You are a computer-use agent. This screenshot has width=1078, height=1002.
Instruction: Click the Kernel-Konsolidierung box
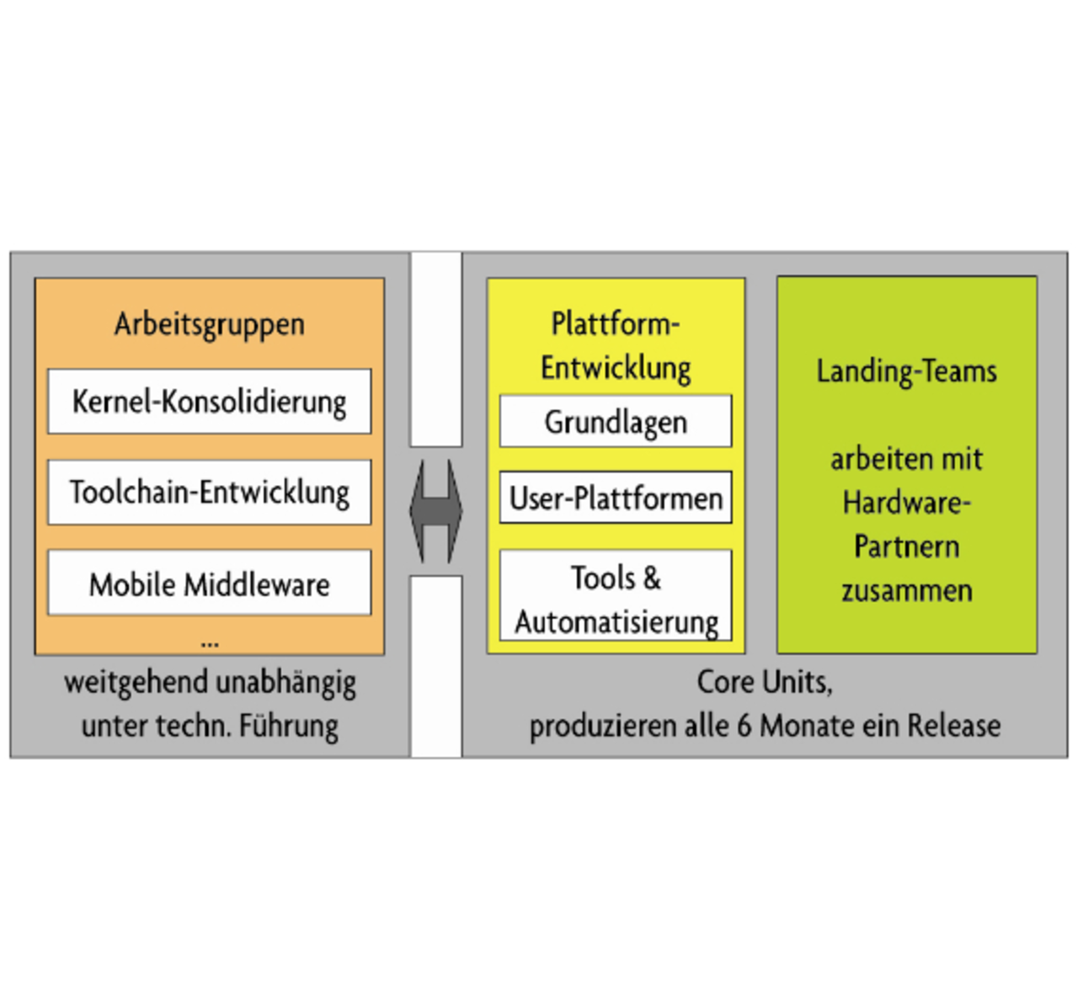209,402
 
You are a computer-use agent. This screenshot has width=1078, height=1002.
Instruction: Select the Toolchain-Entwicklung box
209,493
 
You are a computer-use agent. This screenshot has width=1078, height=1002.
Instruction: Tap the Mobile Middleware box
209,584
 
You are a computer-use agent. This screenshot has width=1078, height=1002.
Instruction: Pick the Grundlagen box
616,422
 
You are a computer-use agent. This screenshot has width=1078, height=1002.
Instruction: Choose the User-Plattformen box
616,498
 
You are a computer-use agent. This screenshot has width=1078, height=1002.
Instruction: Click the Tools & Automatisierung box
616,595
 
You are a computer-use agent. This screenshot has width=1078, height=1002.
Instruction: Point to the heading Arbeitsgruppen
209,324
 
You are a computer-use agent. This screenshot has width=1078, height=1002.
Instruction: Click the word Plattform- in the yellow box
616,324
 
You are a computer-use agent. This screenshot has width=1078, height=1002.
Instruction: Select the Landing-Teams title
906,371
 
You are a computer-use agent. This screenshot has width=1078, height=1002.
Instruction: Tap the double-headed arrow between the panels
436,511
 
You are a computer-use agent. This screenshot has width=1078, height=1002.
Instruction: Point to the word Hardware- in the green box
906,503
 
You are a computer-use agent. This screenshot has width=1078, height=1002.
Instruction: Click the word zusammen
906,591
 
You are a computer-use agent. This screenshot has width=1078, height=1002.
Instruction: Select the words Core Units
763,682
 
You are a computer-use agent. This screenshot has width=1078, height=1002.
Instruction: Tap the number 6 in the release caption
744,726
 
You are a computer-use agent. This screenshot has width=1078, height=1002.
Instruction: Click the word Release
953,726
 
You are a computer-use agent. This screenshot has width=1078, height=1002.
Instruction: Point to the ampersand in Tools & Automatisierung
651,578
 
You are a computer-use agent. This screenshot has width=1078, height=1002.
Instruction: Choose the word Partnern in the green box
906,546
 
